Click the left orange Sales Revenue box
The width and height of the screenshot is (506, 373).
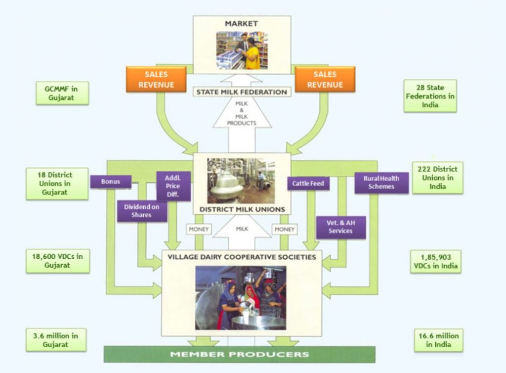(156, 80)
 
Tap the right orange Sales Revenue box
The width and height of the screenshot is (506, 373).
(325, 80)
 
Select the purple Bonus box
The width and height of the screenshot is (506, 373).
(111, 182)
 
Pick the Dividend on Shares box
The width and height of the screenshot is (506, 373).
(141, 211)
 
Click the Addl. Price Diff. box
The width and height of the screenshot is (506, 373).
(172, 186)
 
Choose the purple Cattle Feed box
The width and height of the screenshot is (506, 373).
(308, 184)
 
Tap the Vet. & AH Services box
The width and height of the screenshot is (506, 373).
(340, 227)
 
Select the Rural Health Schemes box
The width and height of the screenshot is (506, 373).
(381, 182)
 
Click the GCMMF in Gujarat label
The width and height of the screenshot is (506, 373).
(62, 93)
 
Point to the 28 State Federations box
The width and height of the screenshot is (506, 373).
(430, 96)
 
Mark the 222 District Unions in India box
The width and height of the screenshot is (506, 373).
(437, 178)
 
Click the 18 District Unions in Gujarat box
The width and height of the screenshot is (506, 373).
(57, 184)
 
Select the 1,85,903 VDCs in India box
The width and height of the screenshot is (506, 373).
(435, 261)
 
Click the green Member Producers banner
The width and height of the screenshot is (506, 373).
(239, 354)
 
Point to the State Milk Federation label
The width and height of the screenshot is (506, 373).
(242, 92)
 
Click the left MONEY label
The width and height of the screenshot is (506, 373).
(199, 230)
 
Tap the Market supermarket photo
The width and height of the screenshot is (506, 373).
(242, 50)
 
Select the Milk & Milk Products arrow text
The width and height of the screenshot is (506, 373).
(242, 113)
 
